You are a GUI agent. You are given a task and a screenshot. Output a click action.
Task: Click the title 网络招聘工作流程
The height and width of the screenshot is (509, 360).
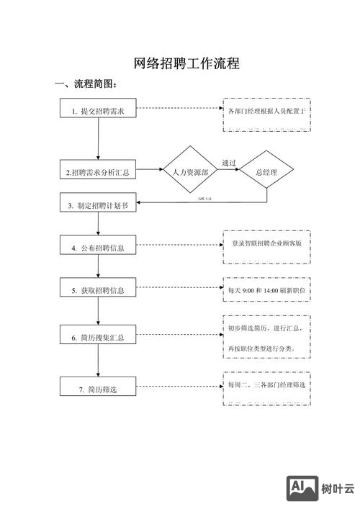187,63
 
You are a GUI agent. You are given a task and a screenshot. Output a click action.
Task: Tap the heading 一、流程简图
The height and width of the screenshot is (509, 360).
86,85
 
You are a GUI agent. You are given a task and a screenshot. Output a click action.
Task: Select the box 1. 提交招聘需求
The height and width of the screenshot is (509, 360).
98,111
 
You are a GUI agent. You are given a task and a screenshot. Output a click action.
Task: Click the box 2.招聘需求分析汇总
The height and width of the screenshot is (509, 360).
98,172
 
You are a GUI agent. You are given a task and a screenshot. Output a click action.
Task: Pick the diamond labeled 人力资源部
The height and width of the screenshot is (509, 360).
190,172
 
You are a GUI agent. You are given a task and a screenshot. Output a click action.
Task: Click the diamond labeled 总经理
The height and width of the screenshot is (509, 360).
267,172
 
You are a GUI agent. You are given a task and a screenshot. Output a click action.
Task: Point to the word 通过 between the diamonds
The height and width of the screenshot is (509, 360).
229,163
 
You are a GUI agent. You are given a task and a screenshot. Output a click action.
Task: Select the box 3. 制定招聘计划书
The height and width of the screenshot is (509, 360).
98,205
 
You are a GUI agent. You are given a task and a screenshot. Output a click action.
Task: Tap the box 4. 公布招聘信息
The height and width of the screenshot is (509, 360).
98,248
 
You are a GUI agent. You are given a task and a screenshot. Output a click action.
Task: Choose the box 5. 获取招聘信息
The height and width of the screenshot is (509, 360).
98,290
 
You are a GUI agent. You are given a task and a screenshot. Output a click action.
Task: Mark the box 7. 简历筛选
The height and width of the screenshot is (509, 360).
98,389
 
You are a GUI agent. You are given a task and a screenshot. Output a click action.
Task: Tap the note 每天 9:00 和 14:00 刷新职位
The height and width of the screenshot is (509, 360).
267,289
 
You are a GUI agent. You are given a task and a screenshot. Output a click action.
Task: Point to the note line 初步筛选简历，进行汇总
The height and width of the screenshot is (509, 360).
266,328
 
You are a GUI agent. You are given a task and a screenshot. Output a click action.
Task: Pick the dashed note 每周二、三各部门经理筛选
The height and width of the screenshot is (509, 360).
267,385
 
